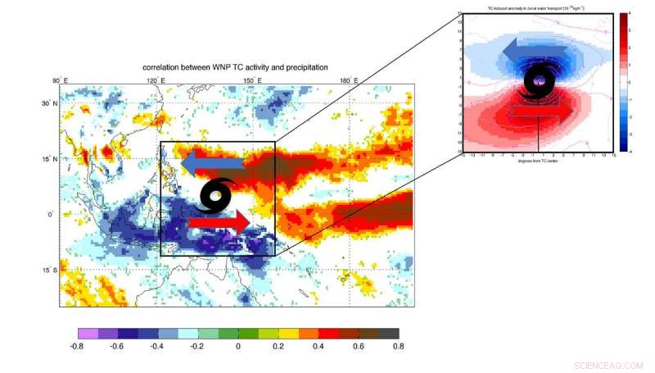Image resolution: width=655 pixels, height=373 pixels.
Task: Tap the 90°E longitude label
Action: tap(60, 80)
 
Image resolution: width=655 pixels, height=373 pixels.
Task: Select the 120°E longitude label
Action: tap(156, 80)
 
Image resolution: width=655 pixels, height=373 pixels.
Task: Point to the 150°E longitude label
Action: tap(253, 80)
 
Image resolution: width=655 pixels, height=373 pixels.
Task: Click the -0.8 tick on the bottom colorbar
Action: tap(79, 347)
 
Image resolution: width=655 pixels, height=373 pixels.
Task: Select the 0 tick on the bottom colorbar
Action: tap(238, 347)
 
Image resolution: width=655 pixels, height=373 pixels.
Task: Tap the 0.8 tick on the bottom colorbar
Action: tap(399, 347)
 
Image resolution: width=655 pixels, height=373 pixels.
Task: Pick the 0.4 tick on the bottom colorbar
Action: tap(318, 347)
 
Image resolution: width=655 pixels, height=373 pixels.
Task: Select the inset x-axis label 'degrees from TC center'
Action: tap(538, 161)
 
